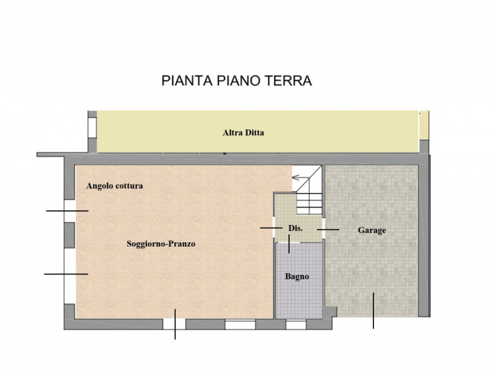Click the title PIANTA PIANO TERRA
[x=237, y=81]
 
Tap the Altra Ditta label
[x=243, y=132]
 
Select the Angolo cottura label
[x=115, y=186]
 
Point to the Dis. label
[x=295, y=228]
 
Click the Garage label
[x=372, y=230]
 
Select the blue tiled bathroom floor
[x=298, y=296]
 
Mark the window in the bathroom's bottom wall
[x=296, y=323]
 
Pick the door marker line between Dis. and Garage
[x=328, y=229]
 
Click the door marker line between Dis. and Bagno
[x=290, y=244]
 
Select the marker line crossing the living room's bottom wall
[x=175, y=324]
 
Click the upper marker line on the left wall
[x=67, y=212]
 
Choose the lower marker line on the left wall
[x=66, y=273]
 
